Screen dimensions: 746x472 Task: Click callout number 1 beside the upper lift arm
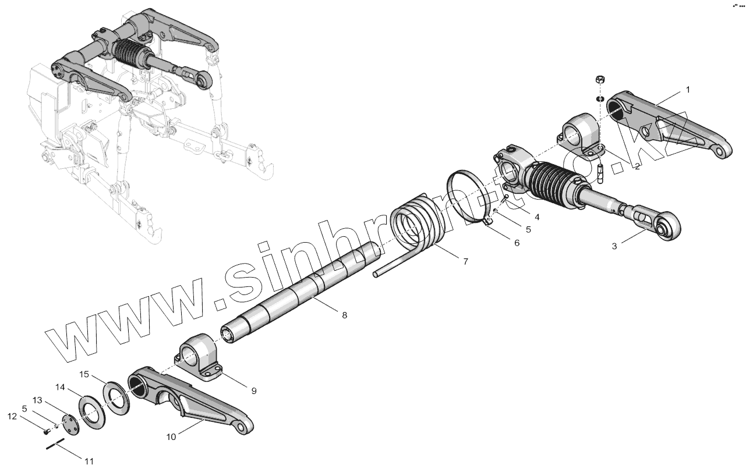tap(688, 90)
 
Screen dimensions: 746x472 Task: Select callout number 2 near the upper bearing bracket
tap(638, 166)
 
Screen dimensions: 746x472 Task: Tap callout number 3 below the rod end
tap(614, 246)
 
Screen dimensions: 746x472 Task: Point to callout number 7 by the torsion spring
tap(465, 262)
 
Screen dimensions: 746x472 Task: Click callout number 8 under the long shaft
tap(344, 315)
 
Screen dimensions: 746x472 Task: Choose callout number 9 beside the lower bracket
tap(254, 391)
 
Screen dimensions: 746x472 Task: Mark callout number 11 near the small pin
tap(89, 462)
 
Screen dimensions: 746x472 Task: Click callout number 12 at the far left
tap(12, 416)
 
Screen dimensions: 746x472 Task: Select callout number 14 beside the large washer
tap(60, 386)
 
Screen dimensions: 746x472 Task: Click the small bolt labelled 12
tap(47, 431)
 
